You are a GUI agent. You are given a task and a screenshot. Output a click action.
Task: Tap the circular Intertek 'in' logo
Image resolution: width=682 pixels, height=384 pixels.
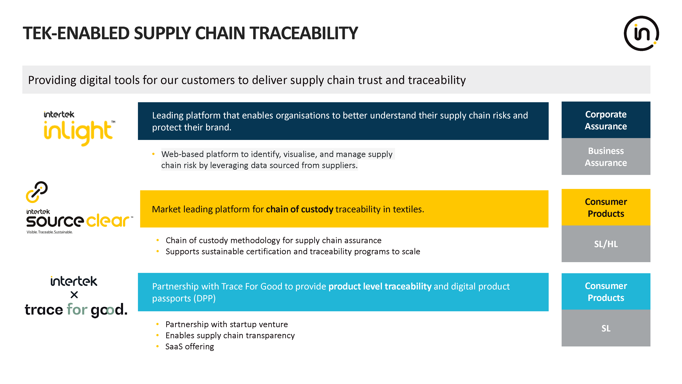[641, 33]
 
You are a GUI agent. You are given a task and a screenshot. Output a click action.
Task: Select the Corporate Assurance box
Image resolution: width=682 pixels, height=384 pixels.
[606, 120]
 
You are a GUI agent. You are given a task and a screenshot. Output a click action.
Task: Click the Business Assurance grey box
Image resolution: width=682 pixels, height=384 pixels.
[606, 157]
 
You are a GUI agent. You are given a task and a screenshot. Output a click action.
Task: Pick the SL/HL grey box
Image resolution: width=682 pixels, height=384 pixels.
[606, 244]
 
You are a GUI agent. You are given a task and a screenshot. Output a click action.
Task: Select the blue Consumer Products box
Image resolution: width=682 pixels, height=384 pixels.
[606, 291]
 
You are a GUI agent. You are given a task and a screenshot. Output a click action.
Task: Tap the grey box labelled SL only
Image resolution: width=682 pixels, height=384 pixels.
[606, 328]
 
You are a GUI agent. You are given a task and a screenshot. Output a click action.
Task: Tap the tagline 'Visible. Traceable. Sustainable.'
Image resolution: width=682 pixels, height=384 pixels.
[49, 232]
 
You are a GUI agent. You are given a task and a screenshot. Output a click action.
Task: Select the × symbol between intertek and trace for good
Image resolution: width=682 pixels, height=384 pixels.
[74, 295]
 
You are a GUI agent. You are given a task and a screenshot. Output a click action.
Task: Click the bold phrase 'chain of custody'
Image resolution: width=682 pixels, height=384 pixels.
[299, 209]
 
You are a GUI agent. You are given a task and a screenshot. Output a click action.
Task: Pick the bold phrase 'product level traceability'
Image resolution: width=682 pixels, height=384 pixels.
[380, 287]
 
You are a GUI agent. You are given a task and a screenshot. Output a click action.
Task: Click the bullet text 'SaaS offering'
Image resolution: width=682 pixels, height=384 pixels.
[190, 347]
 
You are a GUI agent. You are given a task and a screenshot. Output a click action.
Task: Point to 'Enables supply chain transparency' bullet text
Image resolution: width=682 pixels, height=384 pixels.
[230, 336]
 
